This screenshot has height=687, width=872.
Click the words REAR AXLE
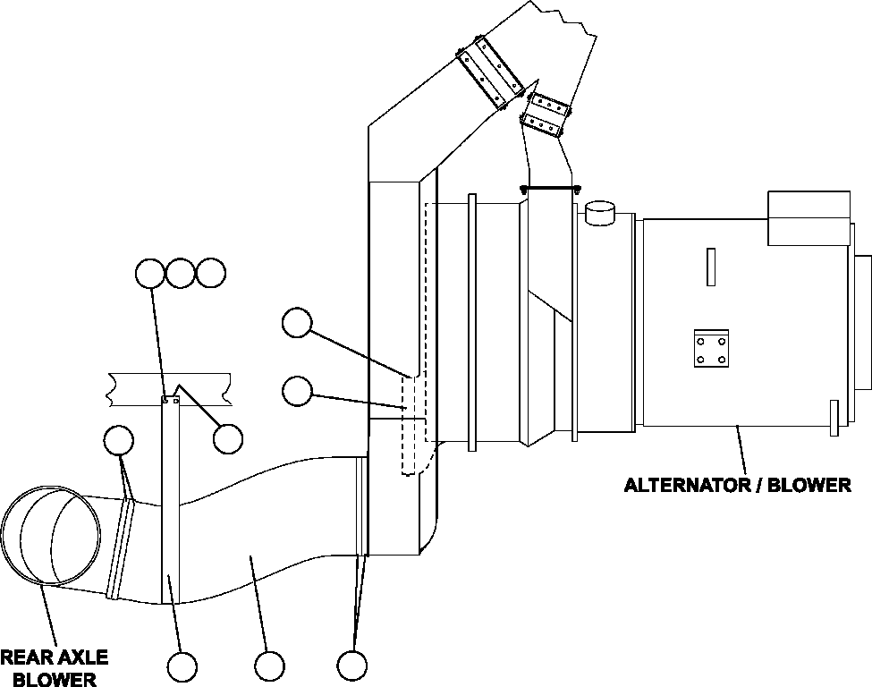click(x=54, y=658)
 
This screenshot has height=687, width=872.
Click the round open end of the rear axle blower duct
click(x=49, y=537)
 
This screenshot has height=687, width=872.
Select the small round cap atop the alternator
click(x=600, y=214)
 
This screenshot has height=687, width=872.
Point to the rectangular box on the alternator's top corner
click(x=808, y=216)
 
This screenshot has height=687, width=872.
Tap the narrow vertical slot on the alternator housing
click(x=710, y=267)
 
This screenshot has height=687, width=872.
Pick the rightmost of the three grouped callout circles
click(x=210, y=273)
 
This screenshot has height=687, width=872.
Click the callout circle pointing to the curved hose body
click(x=269, y=666)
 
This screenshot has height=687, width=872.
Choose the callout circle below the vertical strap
click(x=182, y=666)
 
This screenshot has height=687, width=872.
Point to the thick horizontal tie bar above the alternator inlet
click(x=549, y=188)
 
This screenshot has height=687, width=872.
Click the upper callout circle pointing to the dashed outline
click(x=296, y=323)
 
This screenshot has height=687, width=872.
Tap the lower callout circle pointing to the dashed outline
click(x=296, y=390)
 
